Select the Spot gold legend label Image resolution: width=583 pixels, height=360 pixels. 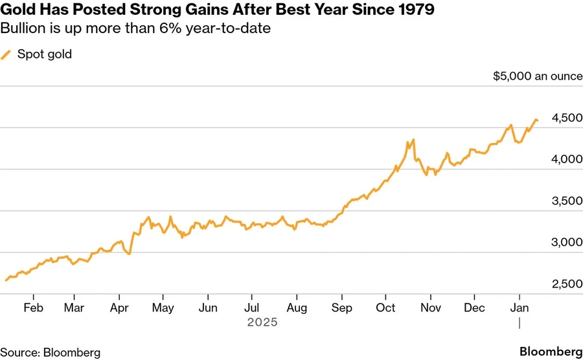(45, 54)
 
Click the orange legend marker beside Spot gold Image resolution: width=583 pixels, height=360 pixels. (6, 54)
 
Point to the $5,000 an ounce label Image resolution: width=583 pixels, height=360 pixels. (537, 76)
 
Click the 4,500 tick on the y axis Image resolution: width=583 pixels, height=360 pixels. (566, 118)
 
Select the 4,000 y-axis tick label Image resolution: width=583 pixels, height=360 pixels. (566, 159)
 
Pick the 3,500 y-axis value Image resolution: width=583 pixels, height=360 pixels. (566, 201)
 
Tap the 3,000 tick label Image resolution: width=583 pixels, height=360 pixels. (566, 243)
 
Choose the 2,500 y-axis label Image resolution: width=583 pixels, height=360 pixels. (566, 285)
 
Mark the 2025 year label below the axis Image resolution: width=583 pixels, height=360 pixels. (262, 322)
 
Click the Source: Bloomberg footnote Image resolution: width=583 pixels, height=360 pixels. (51, 352)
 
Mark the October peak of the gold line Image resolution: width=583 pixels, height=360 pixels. (413, 140)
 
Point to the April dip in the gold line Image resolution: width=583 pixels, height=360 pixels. (129, 253)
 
